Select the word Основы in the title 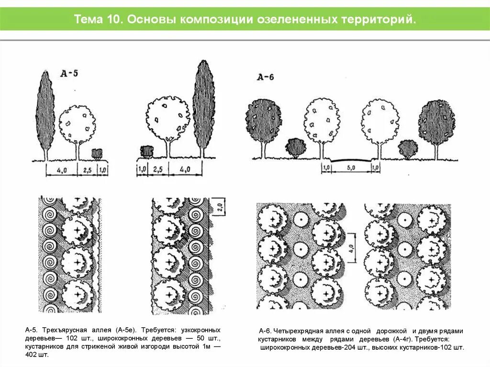click(x=152, y=20)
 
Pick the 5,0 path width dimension click(x=351, y=168)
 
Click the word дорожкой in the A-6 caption click(x=391, y=331)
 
